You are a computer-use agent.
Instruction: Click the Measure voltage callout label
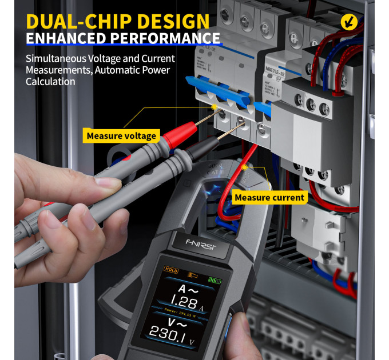(x=121, y=136)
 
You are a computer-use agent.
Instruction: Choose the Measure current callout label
(x=270, y=198)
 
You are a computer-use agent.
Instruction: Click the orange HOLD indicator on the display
(x=171, y=269)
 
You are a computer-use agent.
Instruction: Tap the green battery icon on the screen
(x=216, y=280)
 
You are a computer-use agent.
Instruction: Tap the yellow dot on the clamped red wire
(x=244, y=167)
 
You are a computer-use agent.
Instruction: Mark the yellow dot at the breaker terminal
(x=214, y=106)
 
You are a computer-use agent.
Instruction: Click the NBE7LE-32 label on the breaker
(x=279, y=64)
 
